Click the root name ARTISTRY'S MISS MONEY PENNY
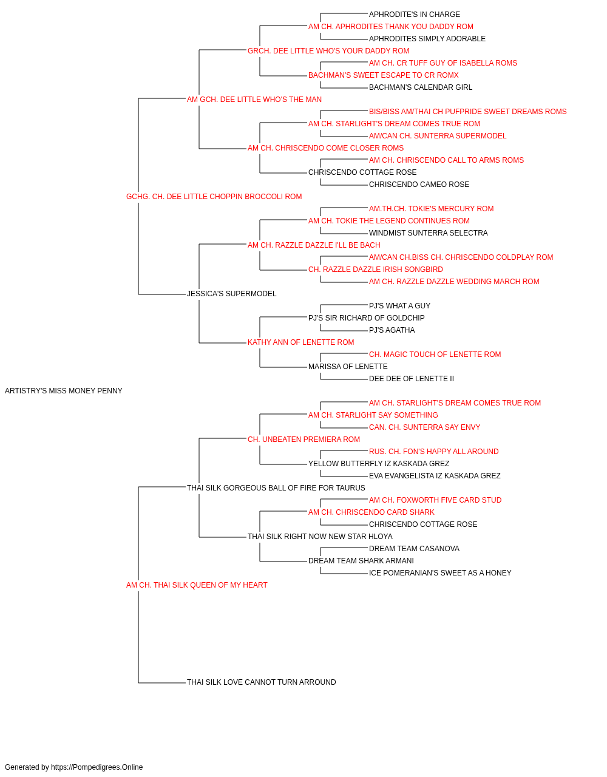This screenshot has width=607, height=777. (64, 391)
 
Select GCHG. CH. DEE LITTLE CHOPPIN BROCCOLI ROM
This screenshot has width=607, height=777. (214, 197)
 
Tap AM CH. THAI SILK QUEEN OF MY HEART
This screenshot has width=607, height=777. (197, 585)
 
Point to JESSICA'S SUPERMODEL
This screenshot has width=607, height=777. (232, 294)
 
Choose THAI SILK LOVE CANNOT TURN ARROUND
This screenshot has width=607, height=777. (262, 682)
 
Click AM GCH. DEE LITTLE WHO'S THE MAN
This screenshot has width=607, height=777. (254, 100)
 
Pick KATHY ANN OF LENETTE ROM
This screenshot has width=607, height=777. (300, 342)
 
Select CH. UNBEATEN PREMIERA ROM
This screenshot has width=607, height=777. (303, 439)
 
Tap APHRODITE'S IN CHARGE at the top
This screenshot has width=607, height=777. (415, 15)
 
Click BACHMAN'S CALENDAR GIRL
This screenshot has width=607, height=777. (421, 87)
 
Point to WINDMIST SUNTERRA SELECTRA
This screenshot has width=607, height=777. (429, 232)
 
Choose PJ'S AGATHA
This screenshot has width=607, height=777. (392, 330)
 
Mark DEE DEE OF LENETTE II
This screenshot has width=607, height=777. (412, 379)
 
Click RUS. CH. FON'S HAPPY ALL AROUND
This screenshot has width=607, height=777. (433, 452)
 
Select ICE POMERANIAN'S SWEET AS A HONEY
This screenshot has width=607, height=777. (440, 573)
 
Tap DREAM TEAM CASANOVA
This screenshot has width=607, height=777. (414, 549)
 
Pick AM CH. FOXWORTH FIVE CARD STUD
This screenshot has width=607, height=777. (435, 500)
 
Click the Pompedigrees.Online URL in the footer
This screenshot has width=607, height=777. (97, 767)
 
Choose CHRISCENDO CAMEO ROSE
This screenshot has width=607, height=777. (419, 185)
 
